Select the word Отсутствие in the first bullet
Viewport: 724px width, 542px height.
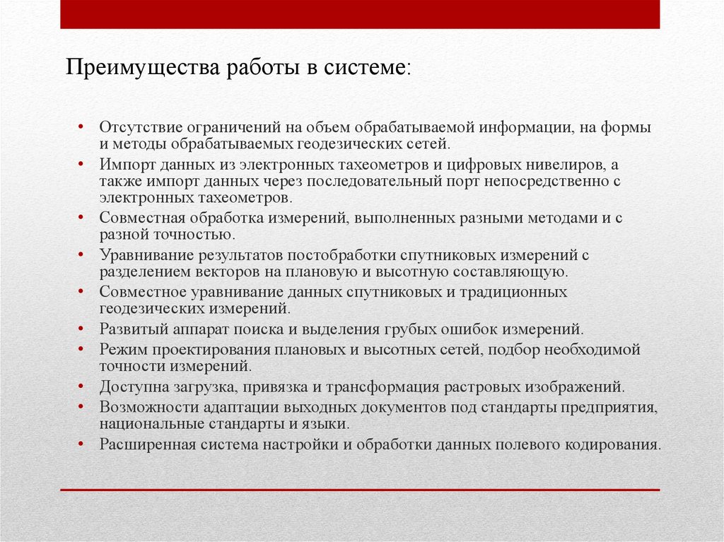coord(140,128)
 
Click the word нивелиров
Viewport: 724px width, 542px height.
coord(559,165)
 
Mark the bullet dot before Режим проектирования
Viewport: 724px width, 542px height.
coord(83,349)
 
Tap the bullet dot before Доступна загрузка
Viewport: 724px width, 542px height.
coord(83,387)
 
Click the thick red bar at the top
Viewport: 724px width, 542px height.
coord(360,14)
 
